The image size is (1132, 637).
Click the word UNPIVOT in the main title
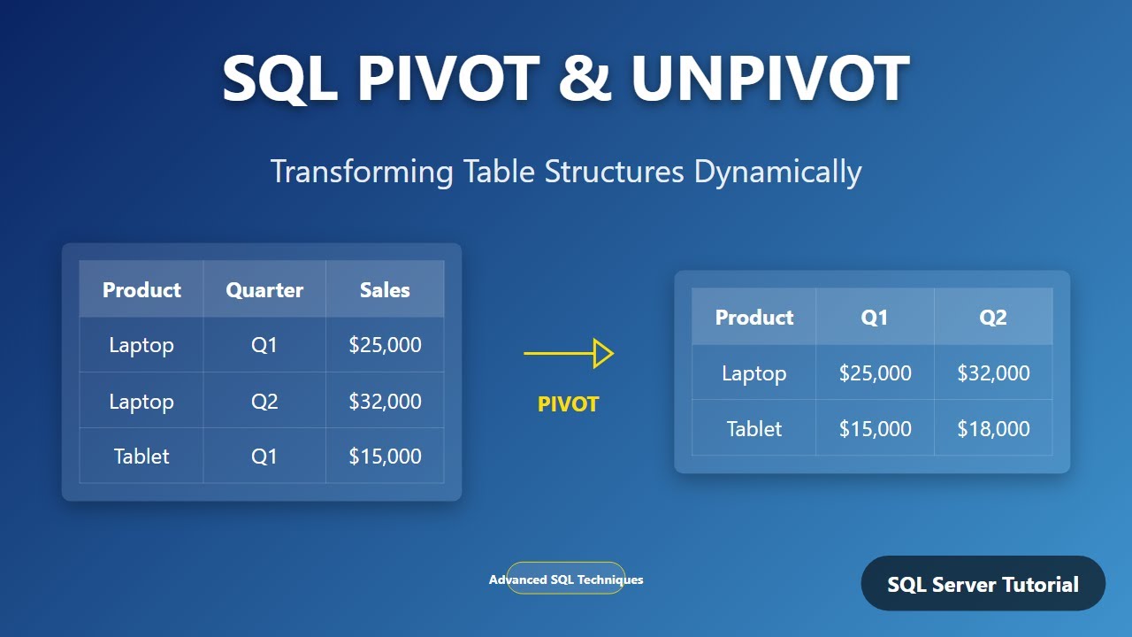click(x=769, y=78)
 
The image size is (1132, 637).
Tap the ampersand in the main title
click(x=585, y=78)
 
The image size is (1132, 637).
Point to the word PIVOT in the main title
click(x=447, y=78)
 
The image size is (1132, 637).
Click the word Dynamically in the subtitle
click(x=777, y=172)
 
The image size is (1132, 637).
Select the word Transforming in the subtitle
click(x=362, y=172)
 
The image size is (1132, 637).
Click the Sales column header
click(x=385, y=289)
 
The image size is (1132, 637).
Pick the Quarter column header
click(x=264, y=289)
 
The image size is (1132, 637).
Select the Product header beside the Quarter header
click(x=141, y=289)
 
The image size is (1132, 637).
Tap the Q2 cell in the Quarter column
click(x=264, y=401)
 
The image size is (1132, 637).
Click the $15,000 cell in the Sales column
click(x=385, y=457)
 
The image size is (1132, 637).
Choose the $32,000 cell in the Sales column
click(x=385, y=401)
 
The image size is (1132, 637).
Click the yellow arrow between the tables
click(x=569, y=354)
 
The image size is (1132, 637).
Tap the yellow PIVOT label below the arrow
click(x=569, y=404)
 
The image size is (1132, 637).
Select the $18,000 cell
click(x=993, y=429)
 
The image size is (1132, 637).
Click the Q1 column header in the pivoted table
click(x=875, y=317)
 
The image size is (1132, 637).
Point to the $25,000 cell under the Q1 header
click(x=875, y=373)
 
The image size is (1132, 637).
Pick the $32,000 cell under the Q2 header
click(x=993, y=373)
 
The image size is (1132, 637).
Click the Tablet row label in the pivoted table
click(x=754, y=429)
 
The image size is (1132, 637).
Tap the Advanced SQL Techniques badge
click(x=566, y=579)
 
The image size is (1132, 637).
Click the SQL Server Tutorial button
click(x=983, y=584)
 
